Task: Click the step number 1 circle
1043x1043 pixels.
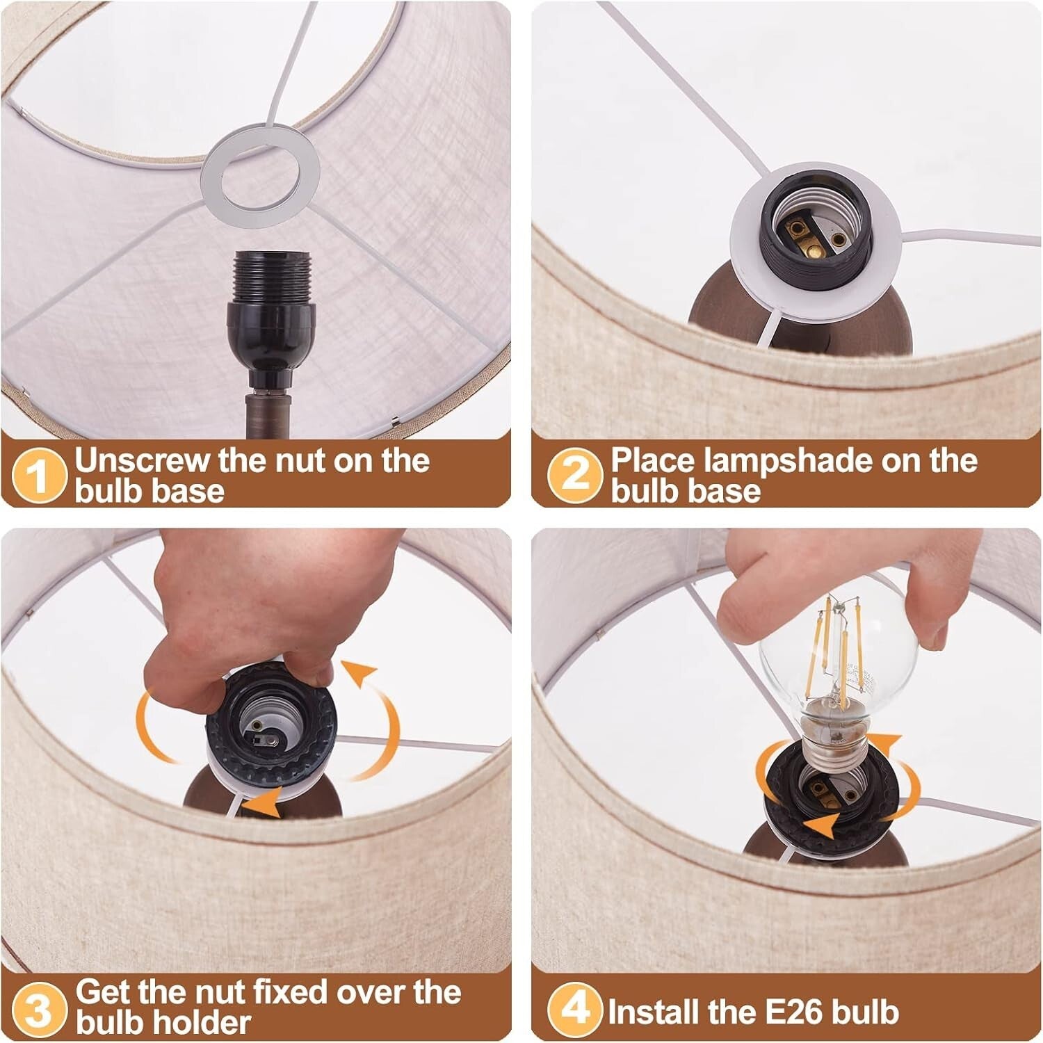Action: tap(39, 476)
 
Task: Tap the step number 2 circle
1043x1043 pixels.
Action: tap(574, 476)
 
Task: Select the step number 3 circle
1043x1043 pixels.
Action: tap(39, 1008)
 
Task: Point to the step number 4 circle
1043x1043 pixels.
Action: tap(574, 1008)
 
